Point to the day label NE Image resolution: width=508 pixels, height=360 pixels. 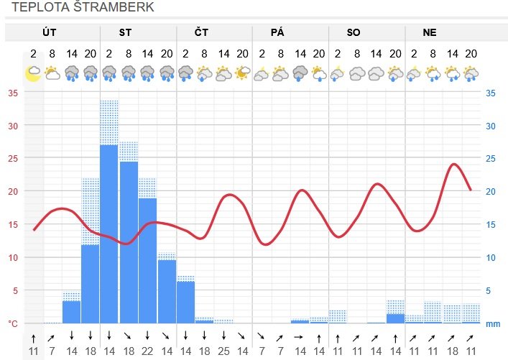(430, 33)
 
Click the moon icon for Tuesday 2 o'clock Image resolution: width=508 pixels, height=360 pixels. (33, 73)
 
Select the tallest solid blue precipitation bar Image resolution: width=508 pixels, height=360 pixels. (109, 234)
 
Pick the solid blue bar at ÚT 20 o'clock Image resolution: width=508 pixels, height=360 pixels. (91, 284)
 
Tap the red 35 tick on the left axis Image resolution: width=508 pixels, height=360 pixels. (12, 93)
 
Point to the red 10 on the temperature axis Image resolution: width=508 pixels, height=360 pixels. (12, 257)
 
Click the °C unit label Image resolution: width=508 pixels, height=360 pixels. (12, 323)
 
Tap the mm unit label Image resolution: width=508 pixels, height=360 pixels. (492, 323)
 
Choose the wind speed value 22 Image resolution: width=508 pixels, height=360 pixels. (147, 351)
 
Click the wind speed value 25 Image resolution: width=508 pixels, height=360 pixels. (223, 351)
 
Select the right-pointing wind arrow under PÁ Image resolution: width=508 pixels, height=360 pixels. (300, 335)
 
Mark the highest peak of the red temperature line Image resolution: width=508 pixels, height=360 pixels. (454, 165)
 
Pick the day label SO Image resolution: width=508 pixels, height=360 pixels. (354, 33)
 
